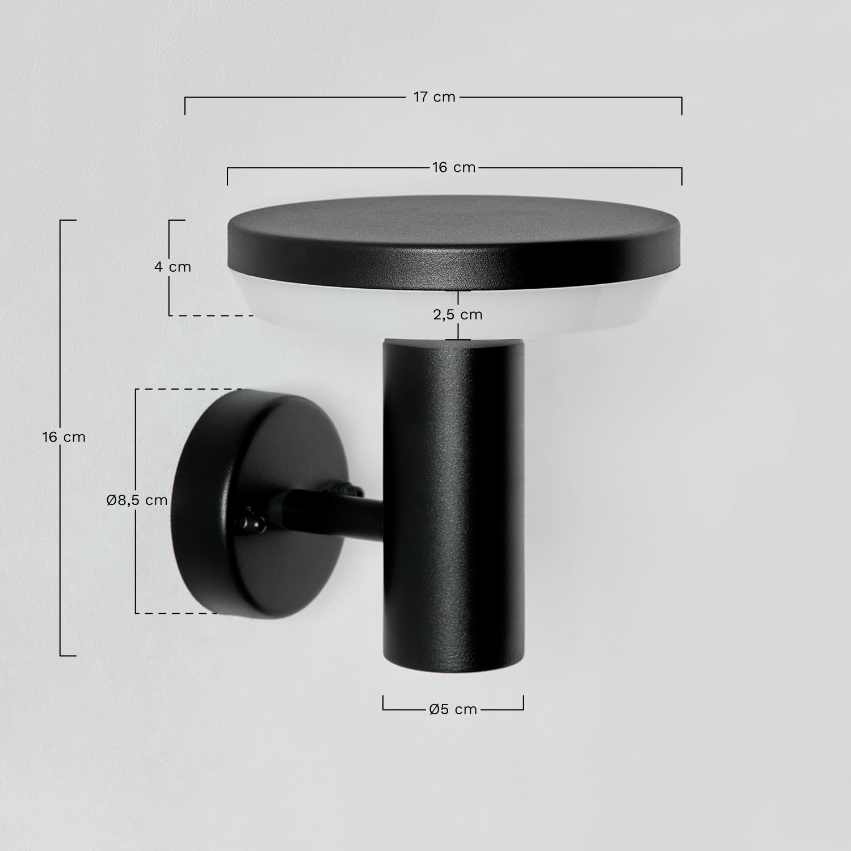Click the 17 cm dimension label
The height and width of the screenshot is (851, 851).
pos(434,97)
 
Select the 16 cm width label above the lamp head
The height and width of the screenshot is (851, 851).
pos(453,167)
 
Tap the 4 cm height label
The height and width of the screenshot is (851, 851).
pos(172,267)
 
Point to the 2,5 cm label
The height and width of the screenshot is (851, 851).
pos(458,314)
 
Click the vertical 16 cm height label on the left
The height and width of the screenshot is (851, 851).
pos(64,437)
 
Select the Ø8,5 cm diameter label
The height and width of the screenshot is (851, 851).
pos(137,500)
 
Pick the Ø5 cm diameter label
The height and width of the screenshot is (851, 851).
pos(453,709)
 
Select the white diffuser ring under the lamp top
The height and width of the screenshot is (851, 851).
pos(318,309)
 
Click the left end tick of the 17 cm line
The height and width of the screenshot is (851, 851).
pos(185,106)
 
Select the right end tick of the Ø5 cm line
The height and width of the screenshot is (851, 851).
pos(523,703)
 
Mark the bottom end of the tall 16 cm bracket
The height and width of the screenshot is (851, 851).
pos(68,656)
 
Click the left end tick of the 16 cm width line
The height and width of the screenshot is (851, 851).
pos(228,176)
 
